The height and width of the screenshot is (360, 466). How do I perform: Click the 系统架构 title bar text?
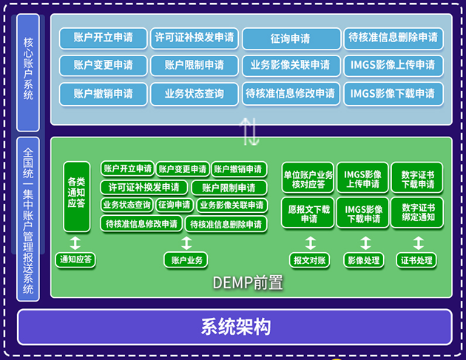point(234,327)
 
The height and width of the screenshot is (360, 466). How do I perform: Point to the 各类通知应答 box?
point(75,191)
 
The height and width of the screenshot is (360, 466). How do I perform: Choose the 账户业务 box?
point(186,259)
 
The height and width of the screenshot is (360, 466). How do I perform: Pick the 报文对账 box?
point(310,259)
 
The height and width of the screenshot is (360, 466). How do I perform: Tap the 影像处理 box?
point(362,259)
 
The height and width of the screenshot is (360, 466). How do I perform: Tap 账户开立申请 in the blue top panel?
point(103,38)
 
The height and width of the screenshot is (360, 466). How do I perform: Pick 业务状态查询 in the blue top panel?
point(195,94)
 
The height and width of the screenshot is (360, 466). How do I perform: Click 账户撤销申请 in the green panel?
point(240,169)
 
